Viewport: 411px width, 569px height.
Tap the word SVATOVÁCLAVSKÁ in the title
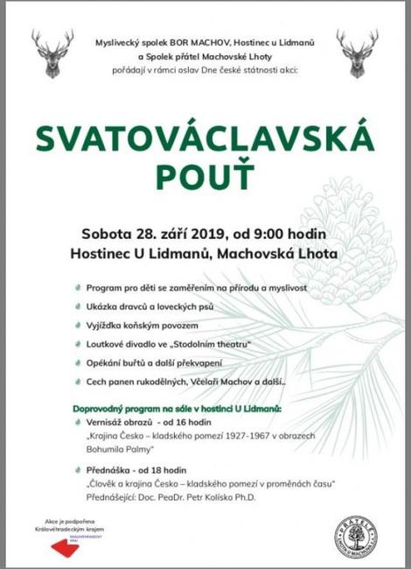[x=205, y=137]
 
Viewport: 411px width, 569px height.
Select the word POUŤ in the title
[x=205, y=176]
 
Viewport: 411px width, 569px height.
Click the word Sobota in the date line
[x=106, y=234]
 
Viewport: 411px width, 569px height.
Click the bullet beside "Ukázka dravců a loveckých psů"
[x=80, y=306]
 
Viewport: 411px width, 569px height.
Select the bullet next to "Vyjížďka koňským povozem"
[x=80, y=325]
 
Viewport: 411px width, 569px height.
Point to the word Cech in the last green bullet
[x=97, y=383]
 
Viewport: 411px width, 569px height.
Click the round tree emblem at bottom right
[x=357, y=537]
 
